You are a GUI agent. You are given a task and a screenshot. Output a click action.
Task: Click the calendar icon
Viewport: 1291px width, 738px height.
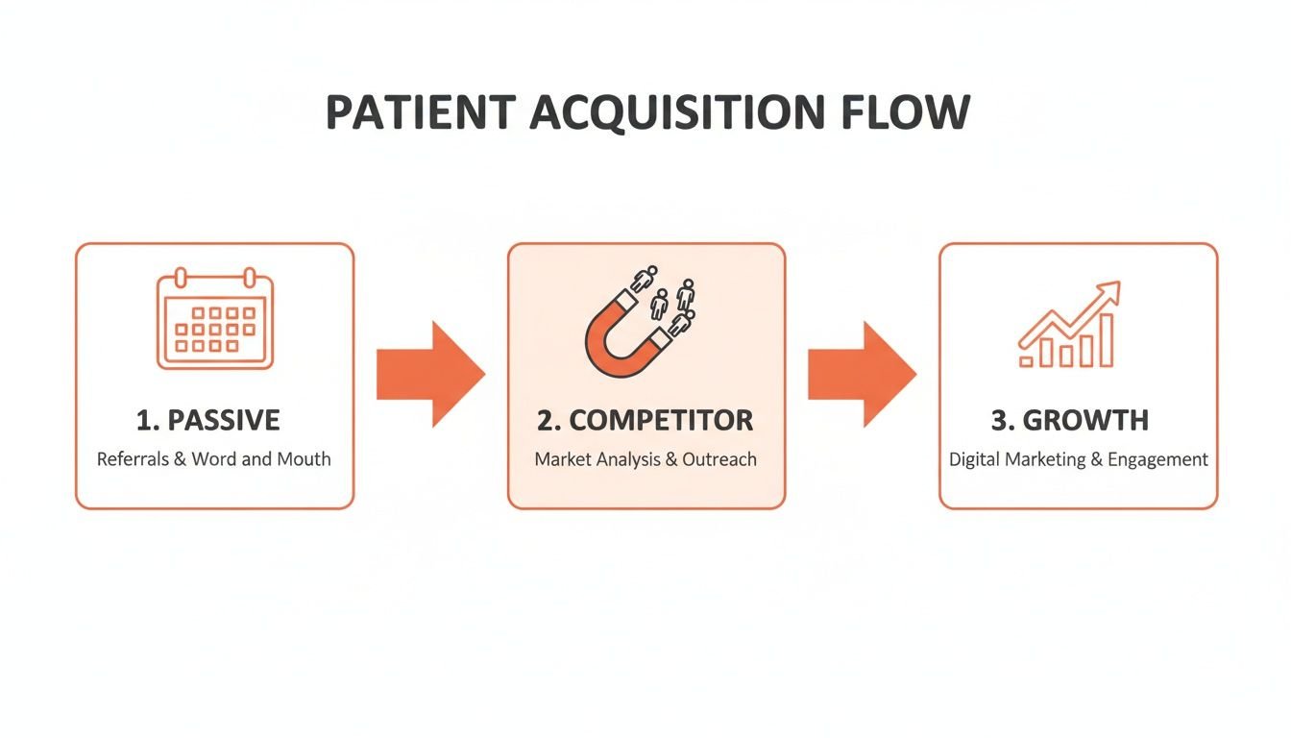[x=215, y=321]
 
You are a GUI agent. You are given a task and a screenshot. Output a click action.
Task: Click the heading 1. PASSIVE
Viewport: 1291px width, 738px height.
[x=208, y=420]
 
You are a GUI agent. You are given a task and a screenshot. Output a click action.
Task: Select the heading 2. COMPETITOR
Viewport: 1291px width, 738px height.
[x=645, y=420]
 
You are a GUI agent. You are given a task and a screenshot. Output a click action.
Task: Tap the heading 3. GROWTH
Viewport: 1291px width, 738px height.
[x=1069, y=420]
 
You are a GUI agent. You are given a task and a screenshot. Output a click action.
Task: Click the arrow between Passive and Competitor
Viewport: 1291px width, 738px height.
[x=430, y=374]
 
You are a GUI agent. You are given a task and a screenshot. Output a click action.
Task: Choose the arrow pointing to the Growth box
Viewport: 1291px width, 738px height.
[x=862, y=374]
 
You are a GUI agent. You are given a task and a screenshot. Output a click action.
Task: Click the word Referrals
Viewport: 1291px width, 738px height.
[x=133, y=459]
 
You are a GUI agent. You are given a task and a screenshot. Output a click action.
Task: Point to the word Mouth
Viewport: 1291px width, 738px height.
[x=304, y=459]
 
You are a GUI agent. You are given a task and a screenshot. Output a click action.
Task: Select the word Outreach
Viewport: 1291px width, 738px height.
[x=719, y=459]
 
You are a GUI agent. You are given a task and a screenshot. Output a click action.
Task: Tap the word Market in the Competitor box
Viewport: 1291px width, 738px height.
[x=562, y=459]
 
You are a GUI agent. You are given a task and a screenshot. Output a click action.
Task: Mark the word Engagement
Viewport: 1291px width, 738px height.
[x=1157, y=459]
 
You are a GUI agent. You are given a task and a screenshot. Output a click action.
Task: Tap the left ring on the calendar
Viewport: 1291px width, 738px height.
[x=180, y=278]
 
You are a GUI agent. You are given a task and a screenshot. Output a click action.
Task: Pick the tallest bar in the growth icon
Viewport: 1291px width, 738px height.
[x=1106, y=340]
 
